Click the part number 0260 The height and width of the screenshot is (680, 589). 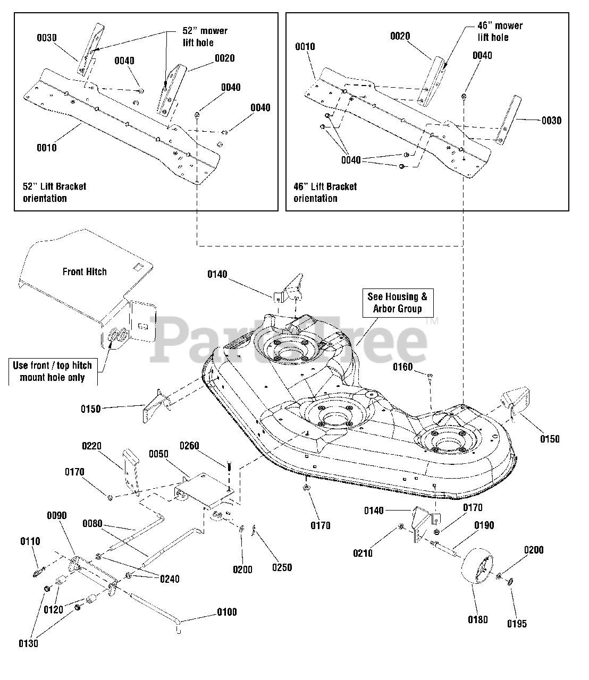point(189,446)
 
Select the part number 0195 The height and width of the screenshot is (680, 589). point(517,624)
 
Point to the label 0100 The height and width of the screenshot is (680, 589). point(226,612)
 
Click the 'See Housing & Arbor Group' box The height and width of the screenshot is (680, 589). point(397,303)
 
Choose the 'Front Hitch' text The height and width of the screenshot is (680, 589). point(85,271)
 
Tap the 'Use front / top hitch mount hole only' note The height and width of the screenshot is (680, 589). point(52,371)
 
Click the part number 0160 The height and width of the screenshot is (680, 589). point(403,367)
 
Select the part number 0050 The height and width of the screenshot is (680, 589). point(158,454)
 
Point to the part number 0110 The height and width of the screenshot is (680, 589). point(30,541)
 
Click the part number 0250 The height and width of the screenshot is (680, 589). point(282,567)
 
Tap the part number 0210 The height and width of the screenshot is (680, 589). point(364,553)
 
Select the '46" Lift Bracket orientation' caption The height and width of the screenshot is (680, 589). point(325,192)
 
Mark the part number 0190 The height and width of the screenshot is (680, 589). point(484,525)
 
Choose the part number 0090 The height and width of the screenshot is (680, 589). point(57,516)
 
